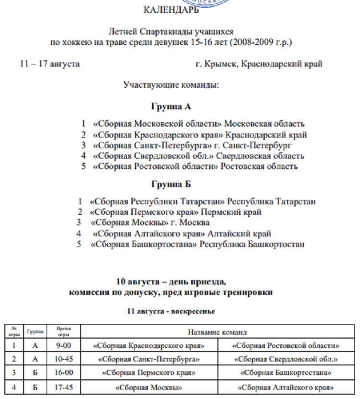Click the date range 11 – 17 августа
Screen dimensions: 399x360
pos(49,63)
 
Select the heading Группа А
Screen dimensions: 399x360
pos(172,106)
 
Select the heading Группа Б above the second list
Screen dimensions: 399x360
pos(172,184)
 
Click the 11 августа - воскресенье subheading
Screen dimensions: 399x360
pos(171,311)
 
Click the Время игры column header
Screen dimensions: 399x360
pos(63,331)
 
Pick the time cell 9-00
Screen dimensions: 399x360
pos(63,345)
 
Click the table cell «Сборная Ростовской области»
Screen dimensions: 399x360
pos(286,345)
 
